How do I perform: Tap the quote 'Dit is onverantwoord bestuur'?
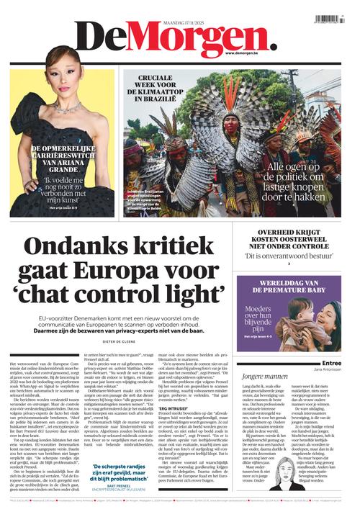coord(288,256)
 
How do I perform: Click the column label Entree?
coord(332,364)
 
